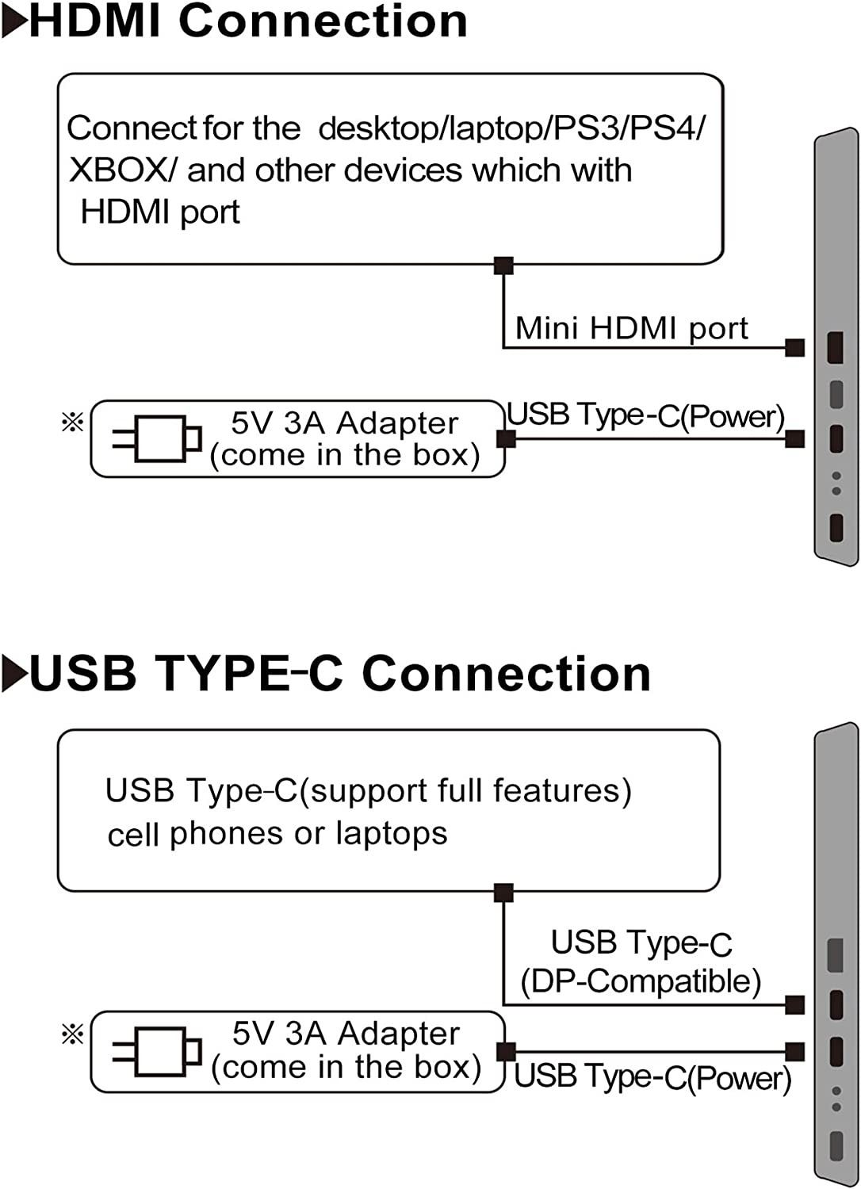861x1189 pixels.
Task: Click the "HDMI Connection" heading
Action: (247, 21)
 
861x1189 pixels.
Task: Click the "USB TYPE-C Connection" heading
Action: (339, 674)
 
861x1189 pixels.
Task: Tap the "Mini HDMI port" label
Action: (631, 328)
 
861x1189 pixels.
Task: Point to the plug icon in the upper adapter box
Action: (157, 438)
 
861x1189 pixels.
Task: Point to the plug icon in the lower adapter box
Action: (157, 1052)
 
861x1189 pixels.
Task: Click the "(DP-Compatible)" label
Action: (641, 981)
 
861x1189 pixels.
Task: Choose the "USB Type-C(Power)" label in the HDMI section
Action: (645, 415)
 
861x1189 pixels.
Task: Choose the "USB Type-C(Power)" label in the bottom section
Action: (652, 1077)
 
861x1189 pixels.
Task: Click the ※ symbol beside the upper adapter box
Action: (72, 422)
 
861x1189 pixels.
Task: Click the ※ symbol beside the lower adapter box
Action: (72, 1034)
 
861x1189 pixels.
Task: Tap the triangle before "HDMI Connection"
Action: (14, 22)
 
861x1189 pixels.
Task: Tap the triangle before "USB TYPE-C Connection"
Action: (14, 675)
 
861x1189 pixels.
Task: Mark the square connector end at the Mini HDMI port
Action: (794, 347)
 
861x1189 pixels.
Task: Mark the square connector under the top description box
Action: (503, 266)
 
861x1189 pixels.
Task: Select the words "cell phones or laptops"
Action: (277, 834)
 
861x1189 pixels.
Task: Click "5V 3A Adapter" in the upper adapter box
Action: (345, 423)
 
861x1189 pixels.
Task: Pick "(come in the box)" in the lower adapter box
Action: (346, 1067)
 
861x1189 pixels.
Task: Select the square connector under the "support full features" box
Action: (503, 893)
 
